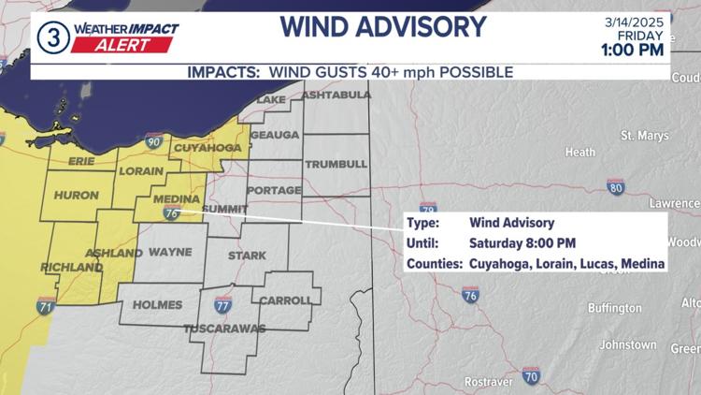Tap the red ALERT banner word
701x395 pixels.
click(x=124, y=45)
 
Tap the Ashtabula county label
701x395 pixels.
click(x=336, y=95)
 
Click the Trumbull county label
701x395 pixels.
click(x=335, y=164)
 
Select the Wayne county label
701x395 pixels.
click(x=170, y=252)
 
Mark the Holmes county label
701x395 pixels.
click(x=158, y=304)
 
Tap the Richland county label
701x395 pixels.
click(x=71, y=268)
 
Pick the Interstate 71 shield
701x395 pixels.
click(x=46, y=306)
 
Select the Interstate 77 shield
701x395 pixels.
click(x=222, y=305)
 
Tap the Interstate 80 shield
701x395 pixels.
click(x=615, y=187)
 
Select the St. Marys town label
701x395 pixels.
click(x=645, y=136)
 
